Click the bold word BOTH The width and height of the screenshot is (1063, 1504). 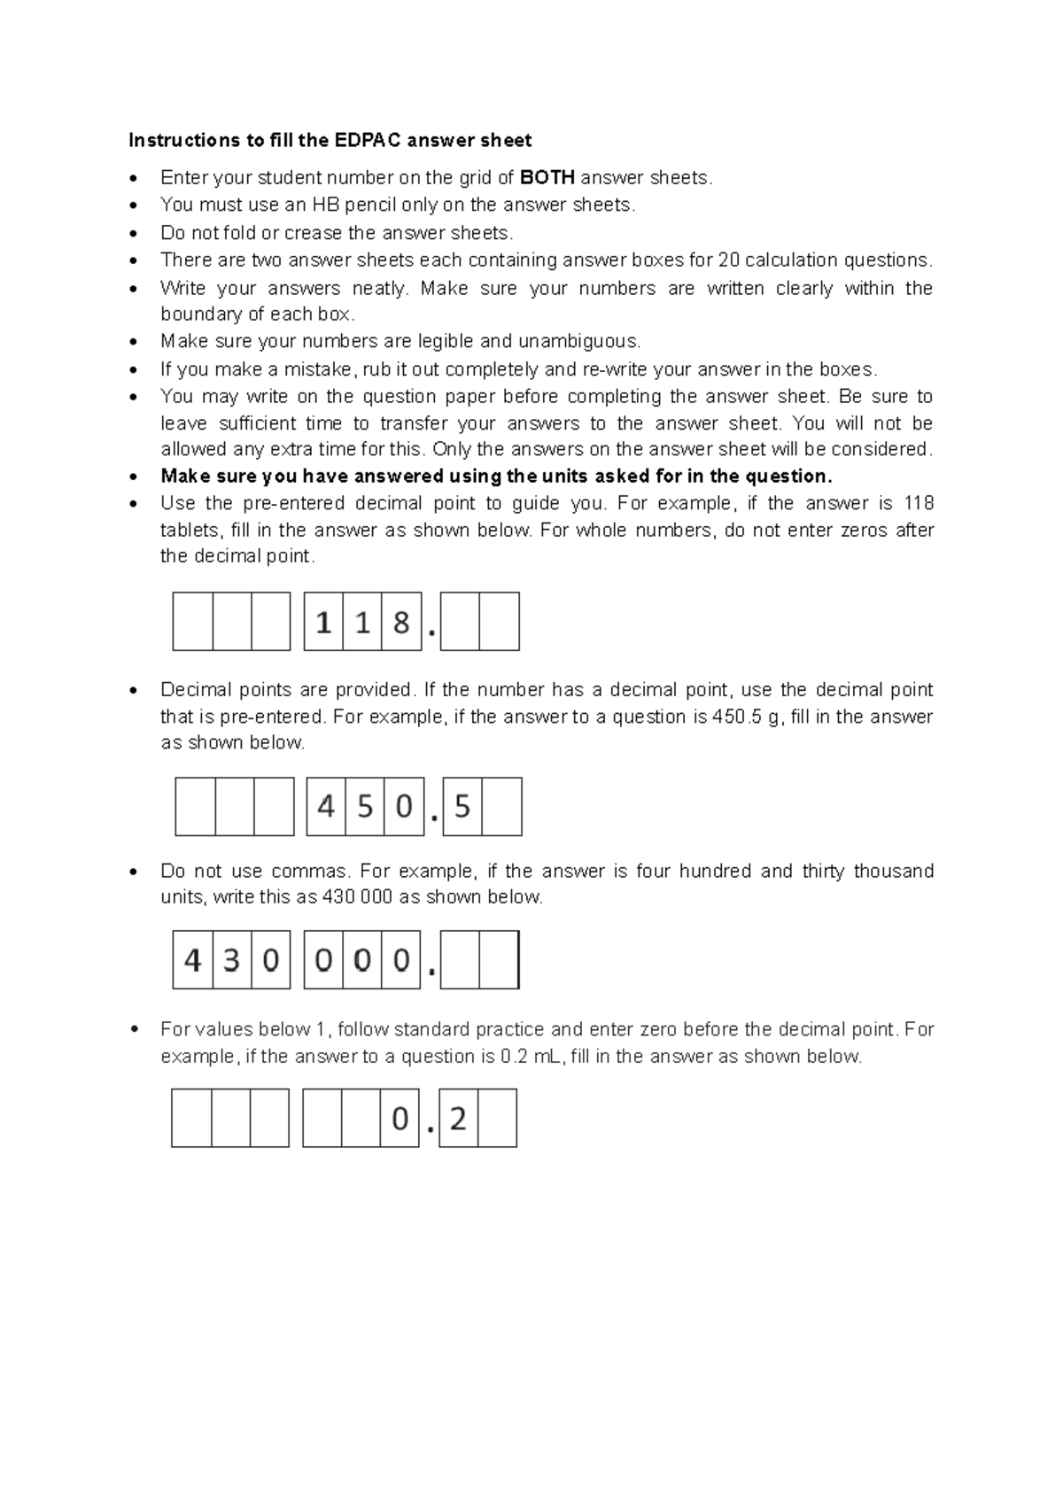tap(547, 177)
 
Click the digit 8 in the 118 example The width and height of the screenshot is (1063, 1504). tap(401, 623)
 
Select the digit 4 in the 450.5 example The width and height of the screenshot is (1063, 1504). tap(326, 807)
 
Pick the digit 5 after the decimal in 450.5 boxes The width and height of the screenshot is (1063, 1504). tap(462, 807)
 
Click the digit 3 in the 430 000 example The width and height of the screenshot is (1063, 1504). tap(231, 960)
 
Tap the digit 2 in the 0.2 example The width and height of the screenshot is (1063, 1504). tap(458, 1120)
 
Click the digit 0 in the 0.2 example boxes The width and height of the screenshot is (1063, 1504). tap(400, 1120)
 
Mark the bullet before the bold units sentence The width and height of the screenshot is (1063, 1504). tap(133, 477)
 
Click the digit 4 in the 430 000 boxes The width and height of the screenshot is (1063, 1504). tap(192, 960)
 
